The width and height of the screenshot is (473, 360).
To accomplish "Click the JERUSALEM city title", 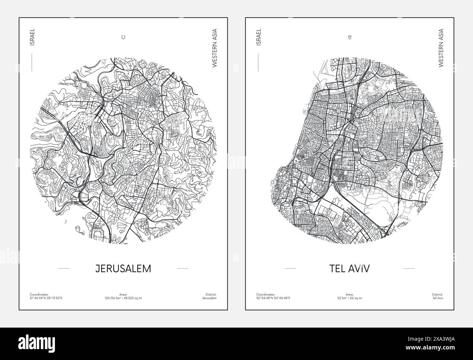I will point(123,269).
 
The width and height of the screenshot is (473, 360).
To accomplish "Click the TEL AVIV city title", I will point(349,269).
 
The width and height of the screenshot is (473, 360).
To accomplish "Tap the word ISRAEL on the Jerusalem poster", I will point(32,37).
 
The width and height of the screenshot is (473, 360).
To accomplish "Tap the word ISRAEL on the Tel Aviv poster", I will point(259,37).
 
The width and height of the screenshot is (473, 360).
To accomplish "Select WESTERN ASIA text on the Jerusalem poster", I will point(214,48).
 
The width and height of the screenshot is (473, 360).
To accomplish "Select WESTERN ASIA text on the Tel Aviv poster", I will point(441,48).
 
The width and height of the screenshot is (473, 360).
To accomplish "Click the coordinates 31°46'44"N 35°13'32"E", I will point(46,298).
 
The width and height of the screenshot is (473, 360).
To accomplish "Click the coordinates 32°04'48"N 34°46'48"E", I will point(273,298).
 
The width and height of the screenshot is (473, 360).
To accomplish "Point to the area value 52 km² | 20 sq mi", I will point(349,298).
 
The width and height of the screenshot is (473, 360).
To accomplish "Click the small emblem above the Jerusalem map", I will point(123,37).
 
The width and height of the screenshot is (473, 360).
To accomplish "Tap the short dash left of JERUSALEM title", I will point(64,269).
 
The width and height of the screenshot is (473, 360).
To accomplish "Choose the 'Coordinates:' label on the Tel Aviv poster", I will point(266,294).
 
